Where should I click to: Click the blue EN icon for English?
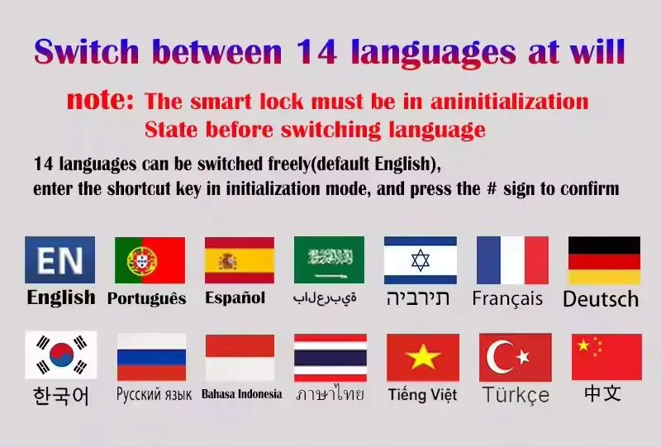[59, 259]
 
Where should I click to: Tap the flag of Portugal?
[150, 260]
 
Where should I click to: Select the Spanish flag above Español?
[240, 260]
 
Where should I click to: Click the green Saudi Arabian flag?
[329, 259]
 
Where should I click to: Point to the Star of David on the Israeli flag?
[421, 260]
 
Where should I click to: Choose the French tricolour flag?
[512, 260]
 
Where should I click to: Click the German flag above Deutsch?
[604, 260]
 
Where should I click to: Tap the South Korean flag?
[61, 354]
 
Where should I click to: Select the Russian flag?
[151, 357]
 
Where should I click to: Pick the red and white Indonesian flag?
[240, 358]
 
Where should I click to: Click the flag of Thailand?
[330, 358]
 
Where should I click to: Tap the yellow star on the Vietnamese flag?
[423, 357]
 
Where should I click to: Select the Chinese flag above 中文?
[606, 357]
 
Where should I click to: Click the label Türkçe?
[516, 395]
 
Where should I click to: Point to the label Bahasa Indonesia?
[242, 394]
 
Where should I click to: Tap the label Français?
[507, 298]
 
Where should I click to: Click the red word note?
[100, 99]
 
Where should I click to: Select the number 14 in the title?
[316, 51]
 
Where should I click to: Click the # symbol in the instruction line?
[492, 188]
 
